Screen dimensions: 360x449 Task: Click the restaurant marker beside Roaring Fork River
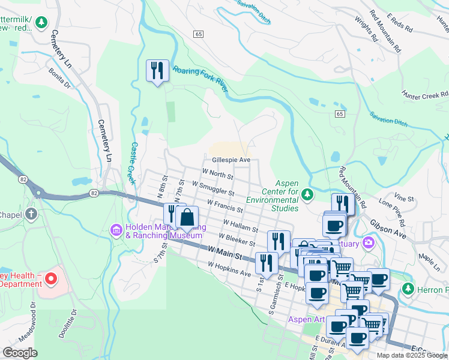pos(157,71)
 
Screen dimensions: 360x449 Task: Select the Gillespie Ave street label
pos(231,160)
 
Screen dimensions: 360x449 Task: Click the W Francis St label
pos(224,207)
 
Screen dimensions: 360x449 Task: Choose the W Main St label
pos(224,253)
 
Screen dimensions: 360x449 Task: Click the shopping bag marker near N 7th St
pos(187,217)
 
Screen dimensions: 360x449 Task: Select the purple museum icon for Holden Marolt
pos(116,229)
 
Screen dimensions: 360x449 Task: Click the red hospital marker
pos(50,278)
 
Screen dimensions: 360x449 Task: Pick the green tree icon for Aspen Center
pos(307,194)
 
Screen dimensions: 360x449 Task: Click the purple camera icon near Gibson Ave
pos(368,243)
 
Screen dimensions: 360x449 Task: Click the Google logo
pos(20,353)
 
